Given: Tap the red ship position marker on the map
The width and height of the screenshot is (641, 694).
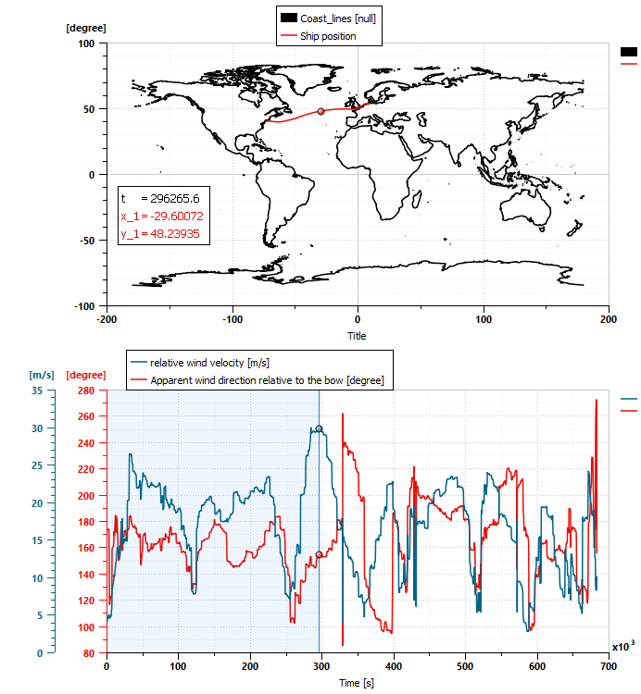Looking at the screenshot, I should [320, 111].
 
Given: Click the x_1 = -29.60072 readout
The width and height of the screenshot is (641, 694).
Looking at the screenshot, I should [162, 216].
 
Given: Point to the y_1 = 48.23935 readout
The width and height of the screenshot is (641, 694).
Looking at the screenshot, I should [162, 232].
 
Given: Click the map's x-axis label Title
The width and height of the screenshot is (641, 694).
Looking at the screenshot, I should [357, 336].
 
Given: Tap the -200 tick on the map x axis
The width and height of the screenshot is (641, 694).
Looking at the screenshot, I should [107, 319].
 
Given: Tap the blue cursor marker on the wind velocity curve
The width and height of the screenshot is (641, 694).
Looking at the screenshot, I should [319, 428].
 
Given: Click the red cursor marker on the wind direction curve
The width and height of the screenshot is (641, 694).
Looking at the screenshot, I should [319, 555].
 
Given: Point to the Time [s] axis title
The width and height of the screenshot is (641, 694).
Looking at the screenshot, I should [358, 681].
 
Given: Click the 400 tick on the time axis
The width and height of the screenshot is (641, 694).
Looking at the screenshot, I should [394, 665].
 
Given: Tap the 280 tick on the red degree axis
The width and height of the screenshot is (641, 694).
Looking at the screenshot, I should [84, 390].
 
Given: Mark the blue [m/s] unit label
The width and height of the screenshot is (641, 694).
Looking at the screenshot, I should [42, 375].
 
